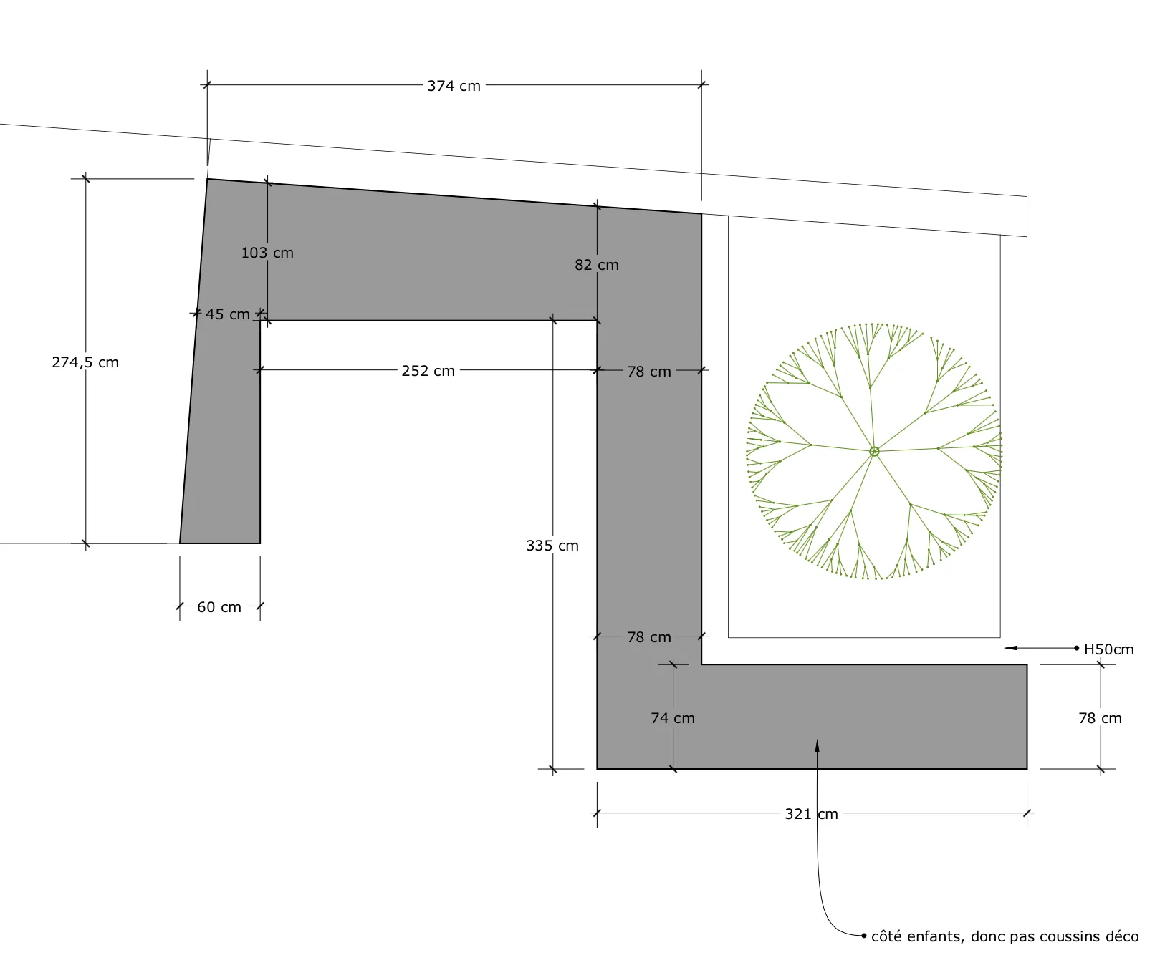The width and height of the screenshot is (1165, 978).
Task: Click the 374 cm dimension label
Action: (x=454, y=86)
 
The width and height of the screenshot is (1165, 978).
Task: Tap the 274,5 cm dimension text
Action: (x=85, y=362)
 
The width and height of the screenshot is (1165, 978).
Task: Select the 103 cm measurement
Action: (x=267, y=253)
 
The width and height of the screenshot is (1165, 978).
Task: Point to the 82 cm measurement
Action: (x=596, y=265)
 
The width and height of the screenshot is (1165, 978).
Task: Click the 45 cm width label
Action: (x=227, y=314)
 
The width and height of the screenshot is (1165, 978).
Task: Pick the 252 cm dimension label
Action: (x=428, y=371)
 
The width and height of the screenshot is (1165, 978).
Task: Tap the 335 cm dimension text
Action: (x=552, y=546)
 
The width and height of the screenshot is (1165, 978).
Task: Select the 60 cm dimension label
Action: (x=219, y=607)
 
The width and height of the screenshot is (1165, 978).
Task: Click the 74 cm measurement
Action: (x=672, y=718)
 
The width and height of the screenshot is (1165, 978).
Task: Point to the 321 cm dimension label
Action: (x=811, y=814)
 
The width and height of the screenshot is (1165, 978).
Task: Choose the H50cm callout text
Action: (x=1108, y=649)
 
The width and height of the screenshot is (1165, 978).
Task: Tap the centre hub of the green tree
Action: (x=874, y=451)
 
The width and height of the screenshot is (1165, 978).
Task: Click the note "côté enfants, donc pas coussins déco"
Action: (x=1005, y=936)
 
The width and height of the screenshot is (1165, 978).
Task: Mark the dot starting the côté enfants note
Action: (x=864, y=936)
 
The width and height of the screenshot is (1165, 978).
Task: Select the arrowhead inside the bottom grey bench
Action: (x=816, y=745)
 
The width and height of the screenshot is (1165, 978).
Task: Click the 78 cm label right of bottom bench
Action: (x=1100, y=718)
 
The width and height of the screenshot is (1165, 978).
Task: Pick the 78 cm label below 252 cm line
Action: (x=649, y=372)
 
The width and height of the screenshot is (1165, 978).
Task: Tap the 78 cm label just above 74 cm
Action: (x=649, y=637)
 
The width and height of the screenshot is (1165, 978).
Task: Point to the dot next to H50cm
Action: (x=1076, y=648)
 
